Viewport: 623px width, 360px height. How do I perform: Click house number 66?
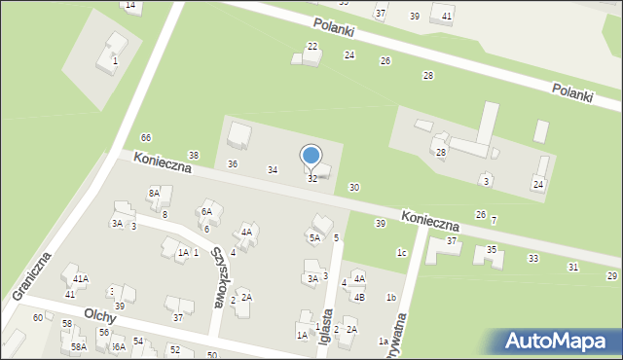(146, 137)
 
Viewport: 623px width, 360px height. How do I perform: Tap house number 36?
(233, 163)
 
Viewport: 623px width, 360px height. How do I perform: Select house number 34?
(274, 170)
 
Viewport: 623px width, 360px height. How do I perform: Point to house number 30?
(354, 187)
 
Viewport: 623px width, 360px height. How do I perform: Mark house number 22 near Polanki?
(312, 47)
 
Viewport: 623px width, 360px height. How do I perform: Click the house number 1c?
(401, 252)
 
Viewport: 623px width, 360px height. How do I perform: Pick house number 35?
(493, 250)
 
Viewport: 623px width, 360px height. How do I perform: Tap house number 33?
(532, 258)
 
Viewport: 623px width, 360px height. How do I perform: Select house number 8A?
(154, 194)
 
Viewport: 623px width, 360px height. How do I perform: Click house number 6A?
(206, 211)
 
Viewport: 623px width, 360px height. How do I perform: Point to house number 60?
(38, 317)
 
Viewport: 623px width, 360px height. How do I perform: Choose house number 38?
(194, 156)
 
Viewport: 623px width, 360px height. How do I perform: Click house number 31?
(573, 267)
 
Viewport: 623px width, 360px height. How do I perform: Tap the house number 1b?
(390, 297)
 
